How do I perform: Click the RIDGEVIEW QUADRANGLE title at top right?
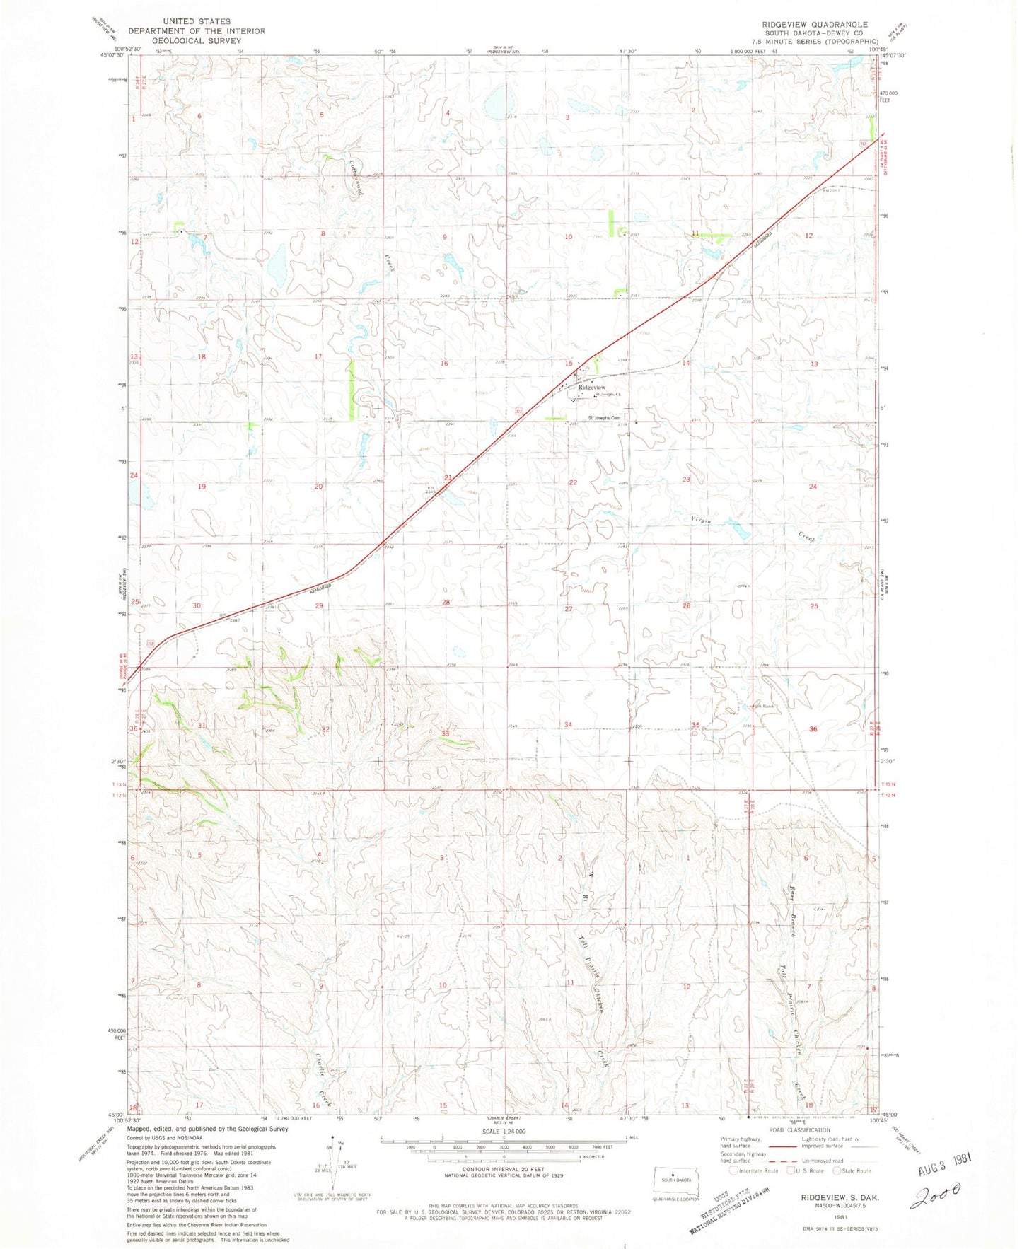[x=814, y=25]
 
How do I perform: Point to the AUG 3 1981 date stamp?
[x=944, y=1170]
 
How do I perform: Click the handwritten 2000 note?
[x=935, y=1196]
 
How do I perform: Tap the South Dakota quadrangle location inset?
[x=676, y=1181]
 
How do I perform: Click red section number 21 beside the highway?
[x=448, y=478]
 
